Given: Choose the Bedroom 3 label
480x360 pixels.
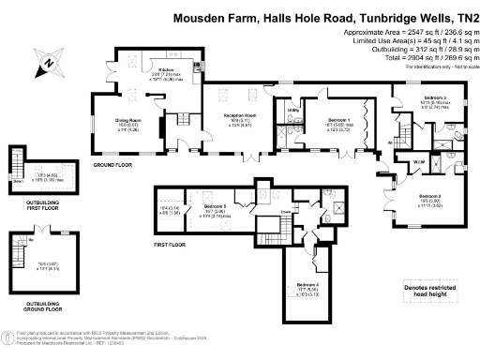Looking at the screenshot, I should [x=433, y=97].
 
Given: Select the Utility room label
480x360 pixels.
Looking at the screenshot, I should [x=293, y=111].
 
